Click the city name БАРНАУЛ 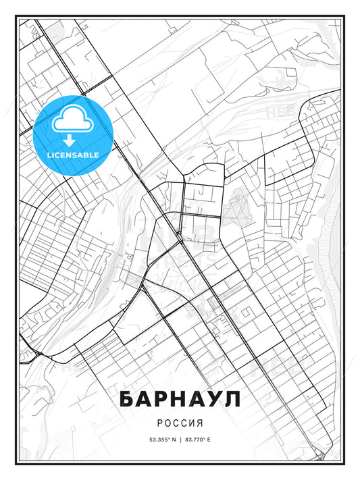pyautogui.click(x=180, y=399)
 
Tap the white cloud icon pyautogui.click(x=72, y=120)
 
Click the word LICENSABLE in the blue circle pyautogui.click(x=72, y=155)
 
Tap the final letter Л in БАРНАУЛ pyautogui.click(x=232, y=399)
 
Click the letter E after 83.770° pyautogui.click(x=209, y=439)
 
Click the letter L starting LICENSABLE pyautogui.click(x=49, y=155)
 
